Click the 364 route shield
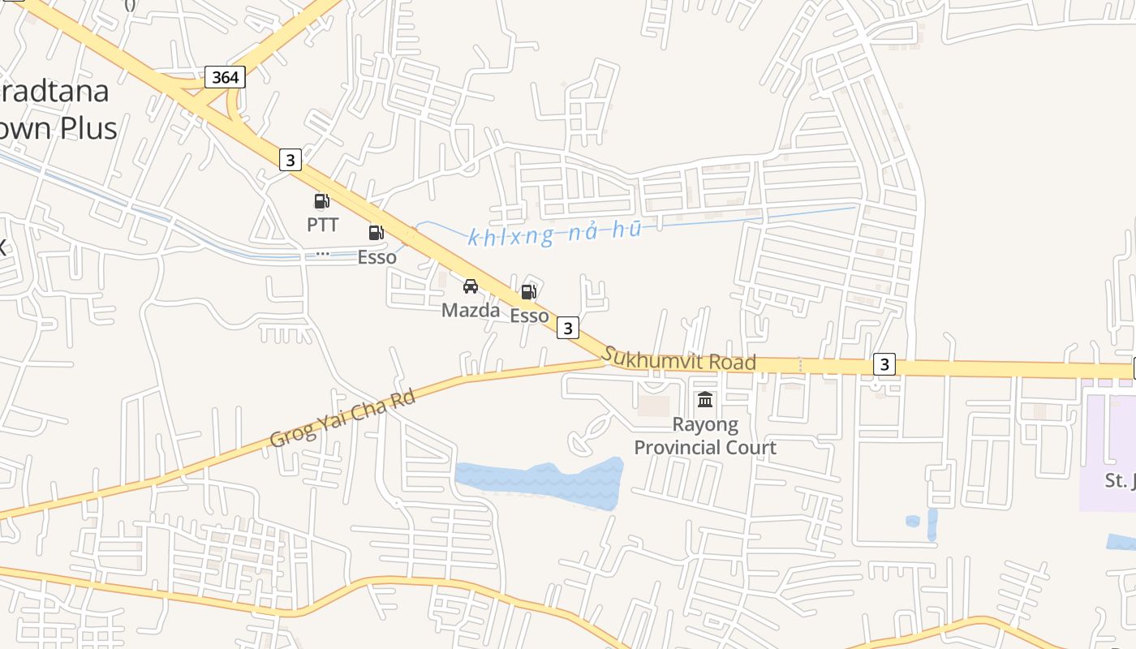[x=225, y=77]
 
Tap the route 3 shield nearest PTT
[x=290, y=160]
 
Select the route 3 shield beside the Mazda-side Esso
[x=568, y=328]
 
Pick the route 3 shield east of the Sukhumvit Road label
[x=884, y=364]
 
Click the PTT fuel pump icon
[x=321, y=201]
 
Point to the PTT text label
[x=322, y=225]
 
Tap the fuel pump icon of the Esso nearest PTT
[x=376, y=234]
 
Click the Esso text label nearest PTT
[x=377, y=257]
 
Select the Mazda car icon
[x=471, y=286]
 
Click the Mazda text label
[x=471, y=310]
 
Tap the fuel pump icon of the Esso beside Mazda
[x=528, y=292]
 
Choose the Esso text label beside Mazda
[x=529, y=316]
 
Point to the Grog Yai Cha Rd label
[x=342, y=419]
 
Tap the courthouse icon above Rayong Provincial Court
[x=704, y=400]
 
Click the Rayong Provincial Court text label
[x=704, y=436]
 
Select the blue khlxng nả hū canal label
[x=555, y=234]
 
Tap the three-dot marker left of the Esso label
[x=322, y=253]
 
